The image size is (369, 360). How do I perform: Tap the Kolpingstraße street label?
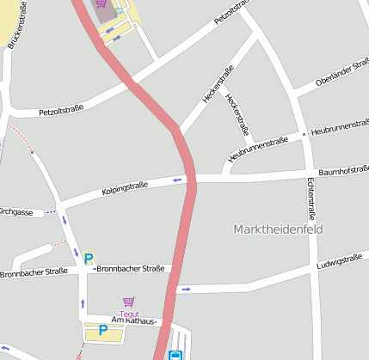point(126,186)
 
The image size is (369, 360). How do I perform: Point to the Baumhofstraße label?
point(342,172)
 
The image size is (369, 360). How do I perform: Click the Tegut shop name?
point(129,314)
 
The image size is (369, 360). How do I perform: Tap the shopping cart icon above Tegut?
point(129,302)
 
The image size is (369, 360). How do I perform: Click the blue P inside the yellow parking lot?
point(102,330)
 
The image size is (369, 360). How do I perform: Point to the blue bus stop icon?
point(175,353)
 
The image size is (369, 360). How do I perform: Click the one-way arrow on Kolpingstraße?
point(178,180)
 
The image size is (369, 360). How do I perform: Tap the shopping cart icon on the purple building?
point(101,3)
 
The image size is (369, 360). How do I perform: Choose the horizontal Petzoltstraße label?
point(60,111)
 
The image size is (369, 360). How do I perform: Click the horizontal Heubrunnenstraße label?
point(340,127)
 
